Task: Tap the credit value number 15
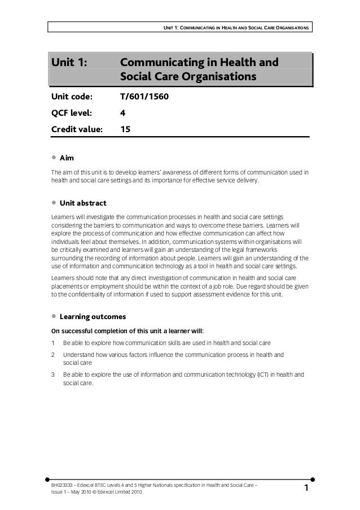point(125,128)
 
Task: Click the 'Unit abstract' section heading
point(83,203)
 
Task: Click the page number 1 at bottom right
point(306,487)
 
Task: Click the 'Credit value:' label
point(77,128)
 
